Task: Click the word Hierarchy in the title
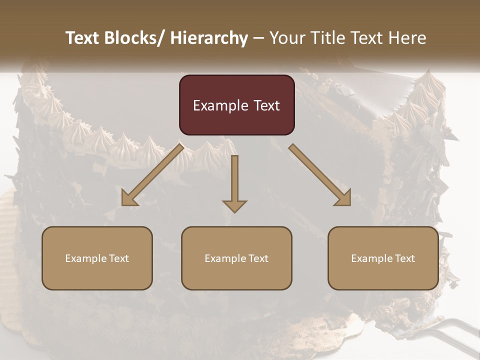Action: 209,38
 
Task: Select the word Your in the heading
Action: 287,38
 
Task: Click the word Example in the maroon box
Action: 220,105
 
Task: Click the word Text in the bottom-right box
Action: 404,258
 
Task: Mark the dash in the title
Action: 258,38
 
